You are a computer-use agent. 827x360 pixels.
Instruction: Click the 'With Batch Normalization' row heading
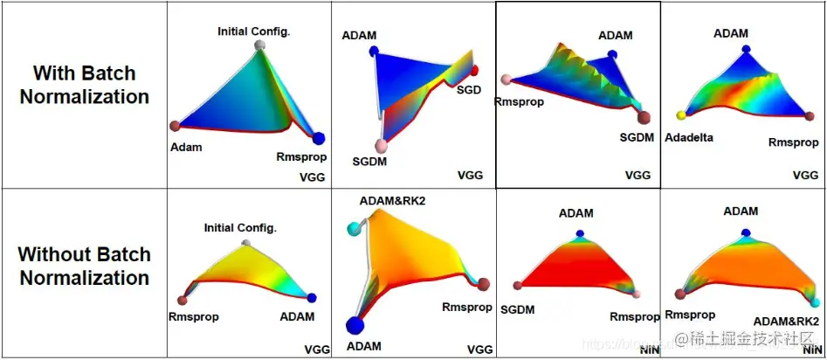click(84, 85)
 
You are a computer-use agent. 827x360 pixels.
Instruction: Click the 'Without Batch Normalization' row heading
click(84, 267)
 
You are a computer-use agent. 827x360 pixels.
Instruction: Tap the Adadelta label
click(689, 137)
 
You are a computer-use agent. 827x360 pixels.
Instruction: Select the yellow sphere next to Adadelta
click(680, 115)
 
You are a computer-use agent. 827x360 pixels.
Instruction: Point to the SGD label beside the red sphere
click(470, 88)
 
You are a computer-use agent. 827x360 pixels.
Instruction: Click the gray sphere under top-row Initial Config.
click(258, 45)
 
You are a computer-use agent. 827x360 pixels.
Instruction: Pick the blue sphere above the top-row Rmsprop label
click(318, 138)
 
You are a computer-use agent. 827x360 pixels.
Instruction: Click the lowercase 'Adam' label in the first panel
click(186, 147)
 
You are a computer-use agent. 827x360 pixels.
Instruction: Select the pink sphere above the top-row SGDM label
click(379, 144)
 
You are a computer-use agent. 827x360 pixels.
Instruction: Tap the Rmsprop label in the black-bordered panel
click(519, 101)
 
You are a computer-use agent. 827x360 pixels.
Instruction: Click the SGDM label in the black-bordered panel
click(637, 137)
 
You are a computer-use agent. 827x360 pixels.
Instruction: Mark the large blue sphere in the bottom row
click(355, 326)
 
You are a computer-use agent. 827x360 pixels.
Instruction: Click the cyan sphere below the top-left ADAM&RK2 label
click(354, 229)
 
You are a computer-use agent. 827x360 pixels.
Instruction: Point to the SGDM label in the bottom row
click(518, 309)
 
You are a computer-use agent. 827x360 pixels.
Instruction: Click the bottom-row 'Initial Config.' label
click(240, 228)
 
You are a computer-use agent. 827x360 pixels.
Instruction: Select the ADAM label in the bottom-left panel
click(297, 316)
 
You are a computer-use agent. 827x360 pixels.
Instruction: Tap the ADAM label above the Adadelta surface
click(731, 33)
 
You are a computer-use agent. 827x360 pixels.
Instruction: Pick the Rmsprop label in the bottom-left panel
click(194, 316)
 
